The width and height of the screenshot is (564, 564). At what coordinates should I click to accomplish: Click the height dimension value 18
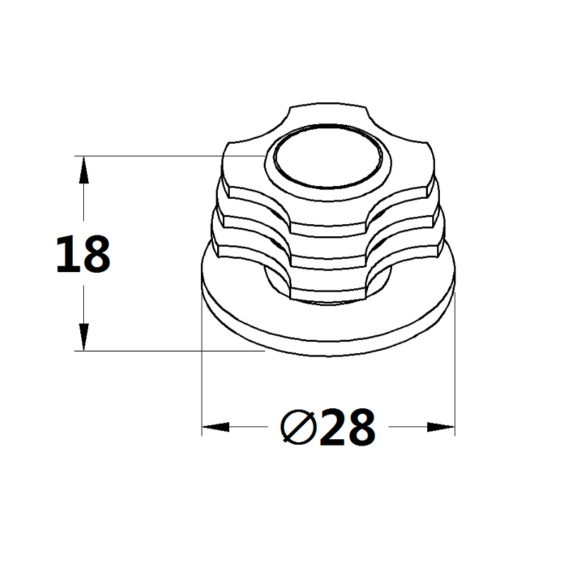pos(83,254)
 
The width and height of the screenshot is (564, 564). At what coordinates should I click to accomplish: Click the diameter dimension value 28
pos(348,427)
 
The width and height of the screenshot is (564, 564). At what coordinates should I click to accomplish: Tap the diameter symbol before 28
pos(298,427)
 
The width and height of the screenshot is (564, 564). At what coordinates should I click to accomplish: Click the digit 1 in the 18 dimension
pos(65,254)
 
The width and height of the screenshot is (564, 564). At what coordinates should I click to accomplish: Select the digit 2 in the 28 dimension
pos(332,427)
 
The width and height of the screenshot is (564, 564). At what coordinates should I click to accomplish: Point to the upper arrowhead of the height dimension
pos(84,170)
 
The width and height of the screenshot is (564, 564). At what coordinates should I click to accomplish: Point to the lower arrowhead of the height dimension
pos(84,337)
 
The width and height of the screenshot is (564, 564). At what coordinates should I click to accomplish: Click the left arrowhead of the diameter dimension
pos(216,427)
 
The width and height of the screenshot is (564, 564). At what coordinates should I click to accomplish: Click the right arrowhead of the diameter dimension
pos(441,427)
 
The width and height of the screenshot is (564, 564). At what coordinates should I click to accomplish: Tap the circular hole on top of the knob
pos(328,157)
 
